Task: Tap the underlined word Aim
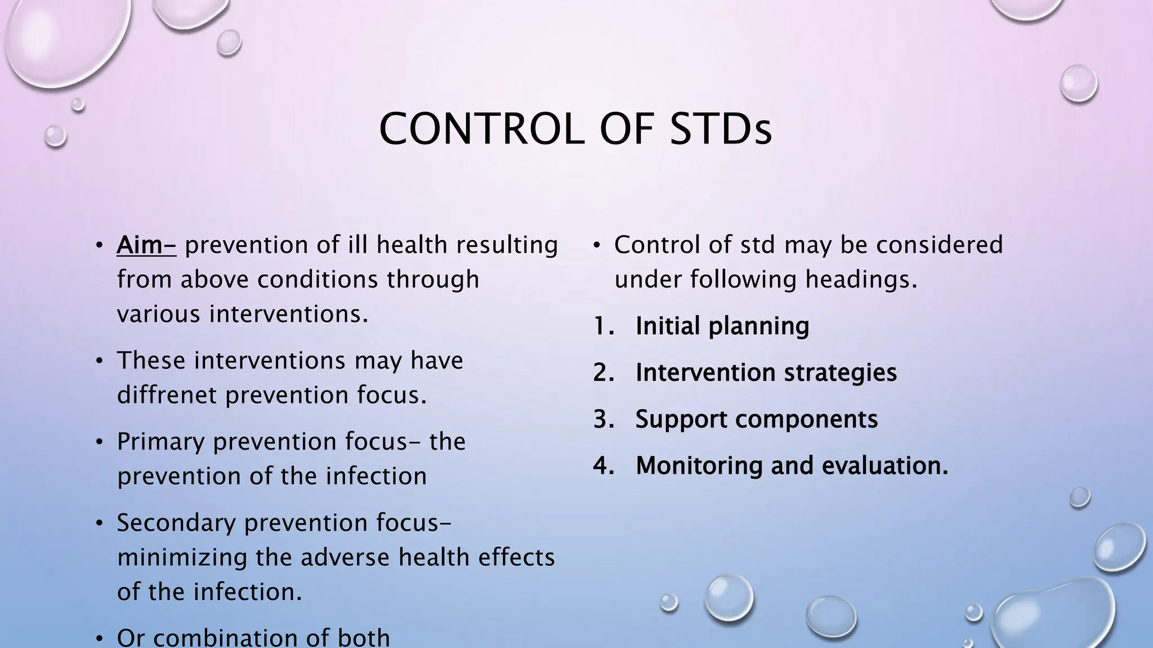coord(146,245)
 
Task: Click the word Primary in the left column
coord(160,442)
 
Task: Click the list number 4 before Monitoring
coord(602,466)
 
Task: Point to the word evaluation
coord(885,466)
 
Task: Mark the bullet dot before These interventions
coord(99,361)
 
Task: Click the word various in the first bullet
coord(159,314)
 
